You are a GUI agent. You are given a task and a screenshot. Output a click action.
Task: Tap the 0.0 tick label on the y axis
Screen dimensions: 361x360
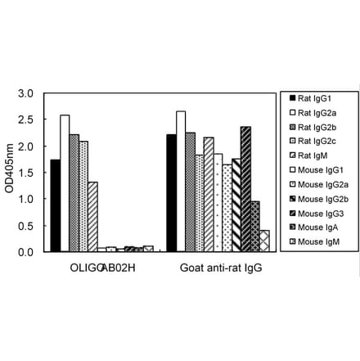(x=28, y=252)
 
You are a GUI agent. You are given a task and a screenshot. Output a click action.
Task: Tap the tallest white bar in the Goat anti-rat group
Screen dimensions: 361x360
(x=181, y=181)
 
